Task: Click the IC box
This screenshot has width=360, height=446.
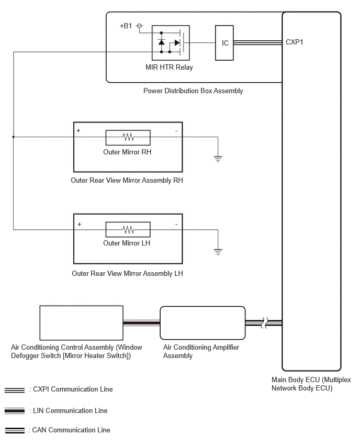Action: [x=224, y=43]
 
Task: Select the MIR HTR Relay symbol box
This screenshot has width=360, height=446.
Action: [x=171, y=43]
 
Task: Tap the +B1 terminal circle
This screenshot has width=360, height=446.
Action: [x=139, y=26]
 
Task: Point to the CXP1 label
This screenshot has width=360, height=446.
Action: [x=294, y=42]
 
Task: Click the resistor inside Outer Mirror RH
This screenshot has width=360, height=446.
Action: [x=128, y=137]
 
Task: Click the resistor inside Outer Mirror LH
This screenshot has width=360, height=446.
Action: [x=128, y=229]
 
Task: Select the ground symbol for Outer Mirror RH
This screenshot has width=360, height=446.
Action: [x=218, y=159]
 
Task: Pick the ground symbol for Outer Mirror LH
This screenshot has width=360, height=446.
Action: [x=218, y=252]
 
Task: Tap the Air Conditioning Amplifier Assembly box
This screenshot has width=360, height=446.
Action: [x=203, y=323]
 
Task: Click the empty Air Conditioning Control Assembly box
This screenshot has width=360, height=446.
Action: [x=81, y=323]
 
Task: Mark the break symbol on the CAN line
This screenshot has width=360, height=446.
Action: [x=264, y=323]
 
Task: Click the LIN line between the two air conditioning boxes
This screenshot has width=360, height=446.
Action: [x=142, y=323]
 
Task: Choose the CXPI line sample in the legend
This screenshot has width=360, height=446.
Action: [x=15, y=391]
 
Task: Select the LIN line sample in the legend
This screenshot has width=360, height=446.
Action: [x=15, y=411]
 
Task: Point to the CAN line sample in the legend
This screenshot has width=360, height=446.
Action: [x=15, y=430]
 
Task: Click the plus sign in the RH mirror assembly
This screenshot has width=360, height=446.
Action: [x=78, y=130]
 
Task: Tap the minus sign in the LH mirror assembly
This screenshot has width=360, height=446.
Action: [x=176, y=224]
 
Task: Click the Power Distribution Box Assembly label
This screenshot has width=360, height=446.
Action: [x=193, y=91]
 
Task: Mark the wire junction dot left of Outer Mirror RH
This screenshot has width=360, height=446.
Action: [x=14, y=137]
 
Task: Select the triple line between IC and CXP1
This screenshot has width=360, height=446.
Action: [x=257, y=42]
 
